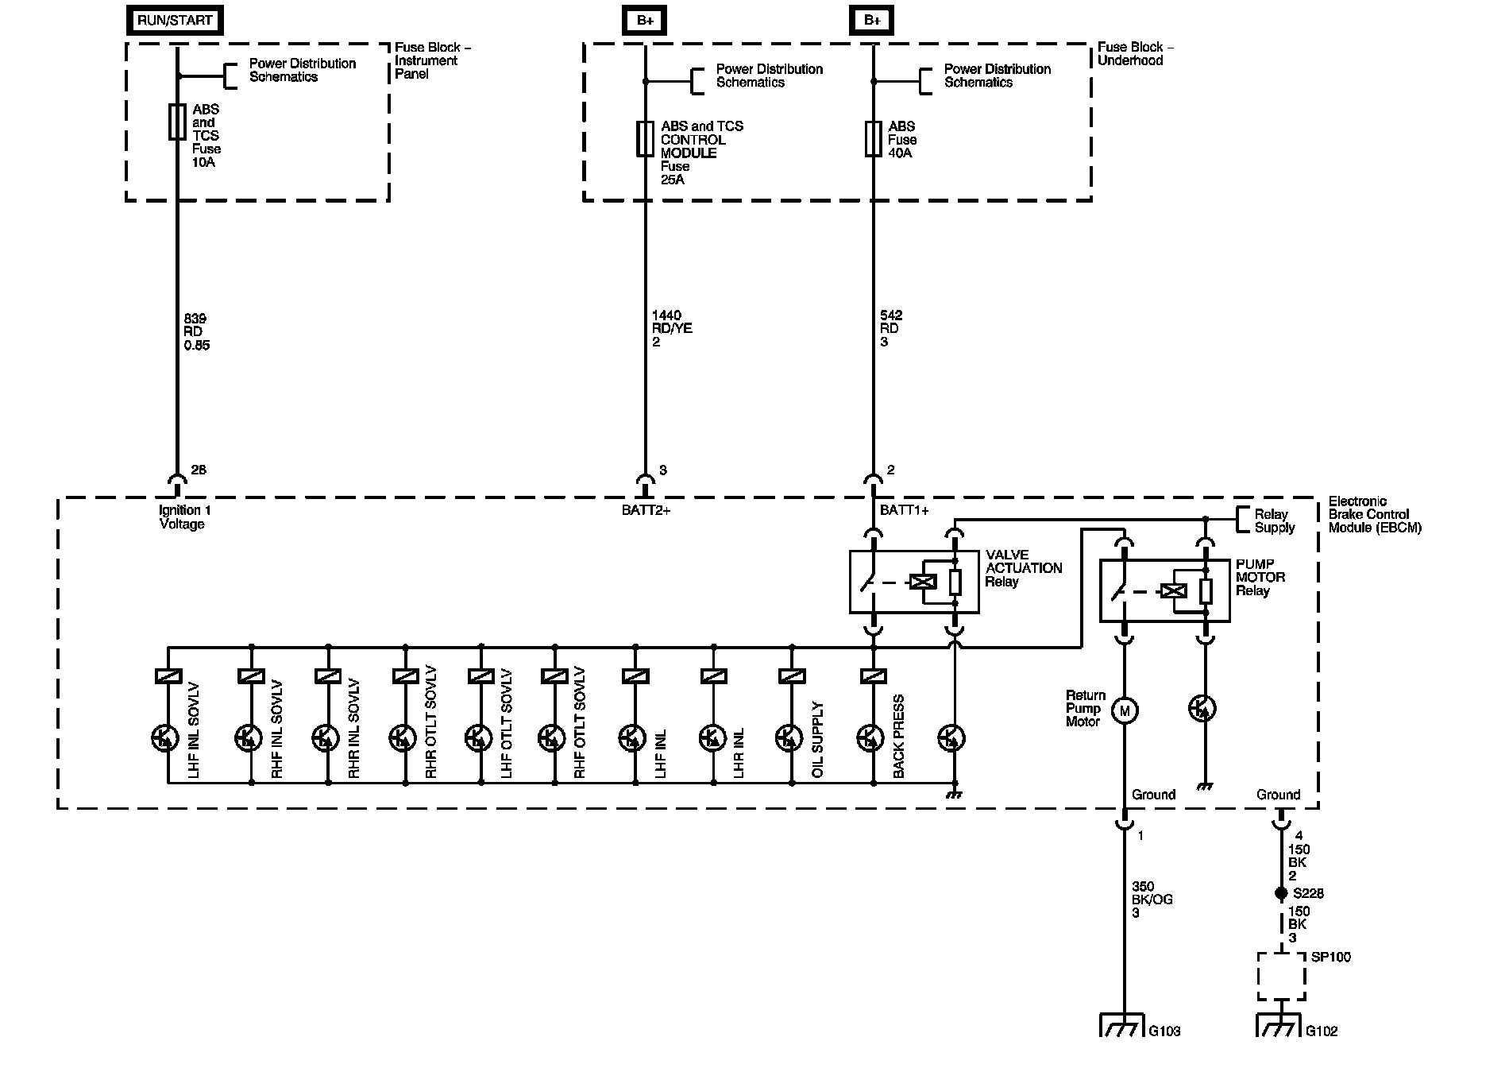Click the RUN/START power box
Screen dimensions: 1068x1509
(175, 21)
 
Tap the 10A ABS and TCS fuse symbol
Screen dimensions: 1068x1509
(177, 122)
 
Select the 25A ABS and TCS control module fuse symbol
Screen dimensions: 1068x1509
(645, 138)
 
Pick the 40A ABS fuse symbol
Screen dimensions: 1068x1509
(873, 138)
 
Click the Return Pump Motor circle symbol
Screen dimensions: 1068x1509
(1124, 710)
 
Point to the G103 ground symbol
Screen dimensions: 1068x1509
(1123, 1025)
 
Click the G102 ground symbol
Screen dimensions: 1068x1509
(1280, 1025)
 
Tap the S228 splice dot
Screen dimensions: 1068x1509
(1280, 894)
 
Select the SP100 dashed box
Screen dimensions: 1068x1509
(1281, 977)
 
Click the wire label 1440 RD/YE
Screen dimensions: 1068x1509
(672, 328)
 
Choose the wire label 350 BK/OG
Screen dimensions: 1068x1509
(1152, 900)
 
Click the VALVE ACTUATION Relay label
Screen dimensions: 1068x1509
(1023, 568)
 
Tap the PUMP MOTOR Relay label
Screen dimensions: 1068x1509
(1260, 578)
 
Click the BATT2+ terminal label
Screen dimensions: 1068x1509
(646, 510)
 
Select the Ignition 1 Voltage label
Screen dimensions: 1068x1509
(184, 517)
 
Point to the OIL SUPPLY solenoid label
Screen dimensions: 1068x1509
(818, 740)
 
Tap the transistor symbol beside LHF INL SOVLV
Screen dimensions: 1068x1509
(165, 739)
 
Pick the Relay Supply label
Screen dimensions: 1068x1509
(1274, 521)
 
